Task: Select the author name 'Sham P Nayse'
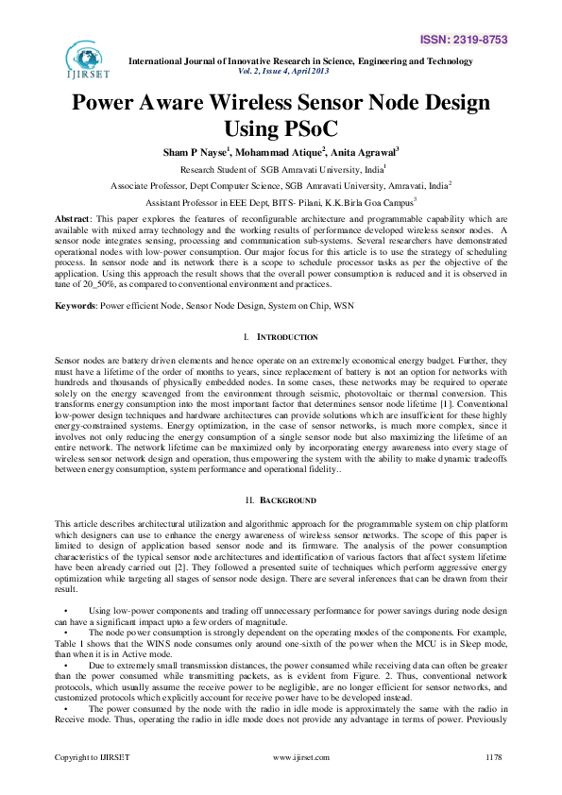point(195,152)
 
